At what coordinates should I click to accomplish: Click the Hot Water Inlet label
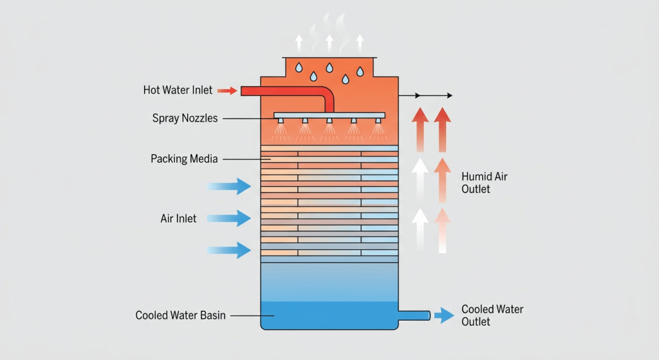[178, 90]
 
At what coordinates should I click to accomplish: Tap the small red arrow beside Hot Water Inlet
[227, 90]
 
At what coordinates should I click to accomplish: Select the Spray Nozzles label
[185, 118]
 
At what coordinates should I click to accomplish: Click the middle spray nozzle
[329, 121]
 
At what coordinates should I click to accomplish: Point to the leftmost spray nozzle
[281, 121]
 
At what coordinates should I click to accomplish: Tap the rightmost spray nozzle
[378, 121]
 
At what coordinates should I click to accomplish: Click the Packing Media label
[184, 159]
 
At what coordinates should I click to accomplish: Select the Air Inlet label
[178, 219]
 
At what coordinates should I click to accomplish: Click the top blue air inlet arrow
[229, 186]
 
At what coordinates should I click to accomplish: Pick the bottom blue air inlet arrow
[229, 251]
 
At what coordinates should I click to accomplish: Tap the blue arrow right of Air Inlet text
[229, 218]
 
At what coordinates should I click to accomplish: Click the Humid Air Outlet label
[484, 182]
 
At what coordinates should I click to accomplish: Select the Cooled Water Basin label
[180, 316]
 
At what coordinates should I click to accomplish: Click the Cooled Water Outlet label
[492, 316]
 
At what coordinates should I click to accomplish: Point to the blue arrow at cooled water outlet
[444, 316]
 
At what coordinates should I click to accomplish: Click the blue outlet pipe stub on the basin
[414, 316]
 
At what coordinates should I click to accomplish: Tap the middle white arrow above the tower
[329, 44]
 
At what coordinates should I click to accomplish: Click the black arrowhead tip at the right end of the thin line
[452, 95]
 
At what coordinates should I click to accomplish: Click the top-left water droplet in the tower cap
[299, 67]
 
